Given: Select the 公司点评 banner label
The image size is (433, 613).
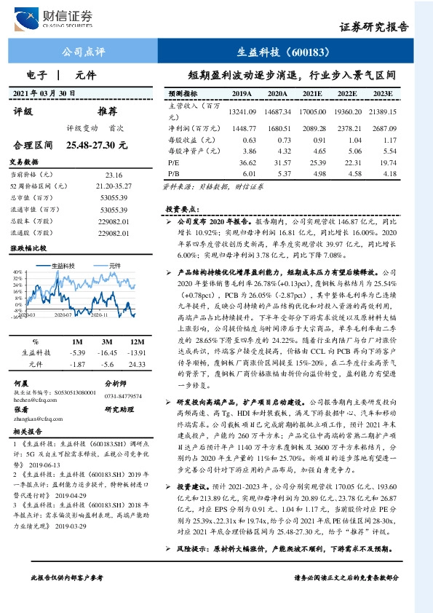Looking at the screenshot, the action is (x=84, y=52).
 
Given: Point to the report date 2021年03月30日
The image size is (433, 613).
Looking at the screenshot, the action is (x=46, y=93).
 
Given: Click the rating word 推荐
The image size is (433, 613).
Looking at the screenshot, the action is (x=107, y=111).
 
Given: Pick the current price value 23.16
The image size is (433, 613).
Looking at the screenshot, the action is (x=114, y=175).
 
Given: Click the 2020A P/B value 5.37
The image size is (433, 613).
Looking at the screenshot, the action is (x=279, y=174).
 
